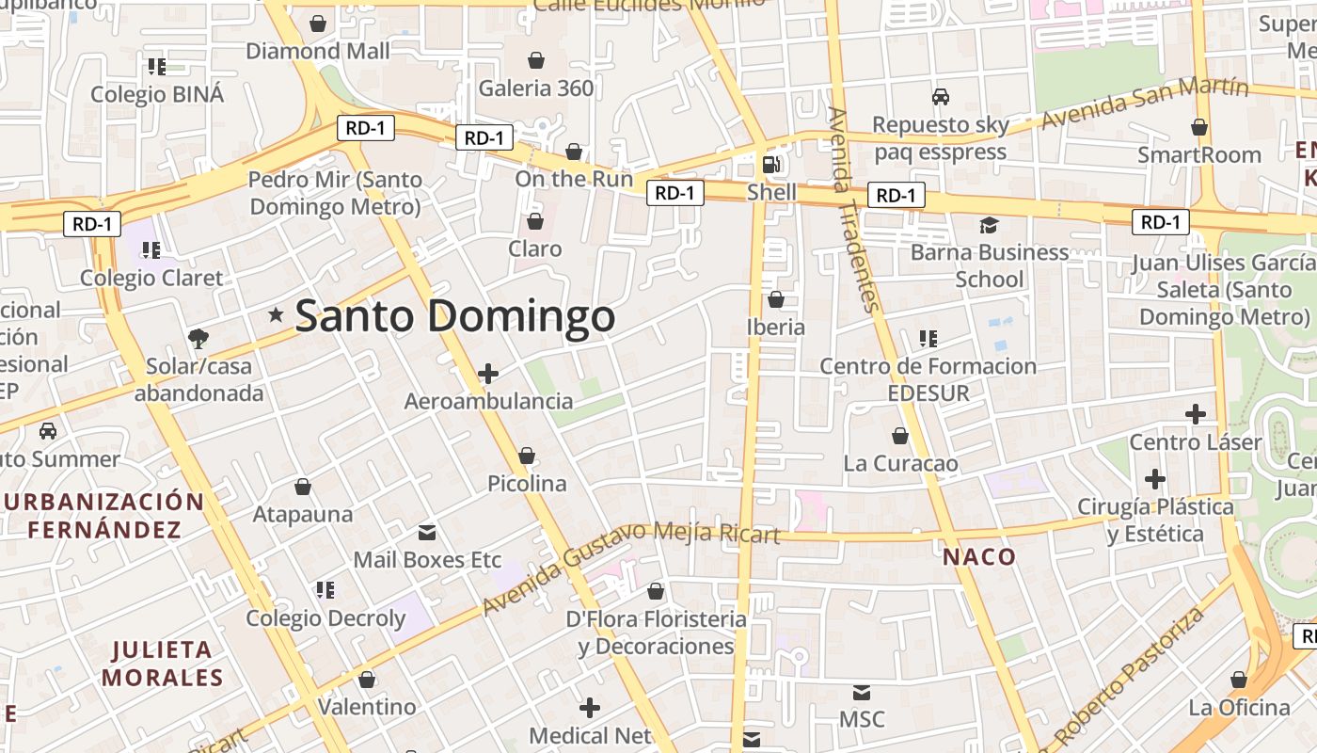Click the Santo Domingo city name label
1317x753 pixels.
coord(455,316)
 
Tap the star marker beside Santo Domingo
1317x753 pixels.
coord(276,314)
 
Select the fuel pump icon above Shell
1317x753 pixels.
coord(771,165)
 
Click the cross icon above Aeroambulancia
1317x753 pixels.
coord(487,374)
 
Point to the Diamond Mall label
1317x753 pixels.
coord(318,51)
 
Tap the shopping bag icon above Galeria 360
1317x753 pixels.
coord(536,61)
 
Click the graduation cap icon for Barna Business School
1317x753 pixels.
coord(989,225)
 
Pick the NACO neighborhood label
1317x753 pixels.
coord(979,556)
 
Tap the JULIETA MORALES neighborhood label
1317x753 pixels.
coord(163,664)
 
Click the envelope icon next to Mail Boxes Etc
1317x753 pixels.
coord(427,533)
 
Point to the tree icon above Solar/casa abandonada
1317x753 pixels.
coord(198,338)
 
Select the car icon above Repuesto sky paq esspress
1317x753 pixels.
coord(940,97)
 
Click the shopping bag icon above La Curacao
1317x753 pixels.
coord(900,437)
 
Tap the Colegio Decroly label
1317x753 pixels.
coord(325,618)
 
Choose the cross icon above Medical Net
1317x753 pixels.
coord(590,708)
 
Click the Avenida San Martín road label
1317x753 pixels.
coord(1145,103)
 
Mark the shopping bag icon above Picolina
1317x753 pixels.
coord(527,457)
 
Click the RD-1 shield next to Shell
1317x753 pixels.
coord(675,193)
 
